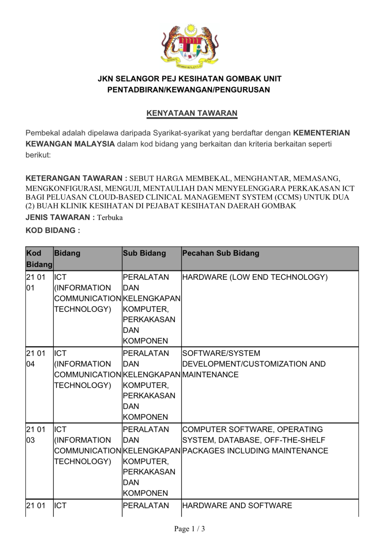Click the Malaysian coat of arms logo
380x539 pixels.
pyautogui.click(x=190, y=45)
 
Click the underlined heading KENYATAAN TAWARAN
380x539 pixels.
pyautogui.click(x=192, y=113)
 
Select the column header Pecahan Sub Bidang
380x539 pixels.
pyautogui.click(x=220, y=253)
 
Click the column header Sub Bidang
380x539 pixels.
pyautogui.click(x=144, y=253)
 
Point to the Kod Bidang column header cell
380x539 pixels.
pyautogui.click(x=39, y=258)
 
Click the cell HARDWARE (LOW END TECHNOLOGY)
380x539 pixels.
pyautogui.click(x=255, y=277)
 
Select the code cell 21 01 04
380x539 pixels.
pyautogui.click(x=35, y=358)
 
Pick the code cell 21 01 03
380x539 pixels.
pyautogui.click(x=35, y=434)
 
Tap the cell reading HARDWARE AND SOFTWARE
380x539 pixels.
pyautogui.click(x=237, y=506)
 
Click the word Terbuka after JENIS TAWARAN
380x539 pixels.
pyautogui.click(x=110, y=218)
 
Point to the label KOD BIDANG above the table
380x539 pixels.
pyautogui.click(x=53, y=230)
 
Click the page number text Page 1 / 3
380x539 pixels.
pyautogui.click(x=189, y=529)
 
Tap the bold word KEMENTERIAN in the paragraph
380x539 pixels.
pyautogui.click(x=321, y=133)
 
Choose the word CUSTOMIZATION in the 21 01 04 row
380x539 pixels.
pyautogui.click(x=275, y=364)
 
